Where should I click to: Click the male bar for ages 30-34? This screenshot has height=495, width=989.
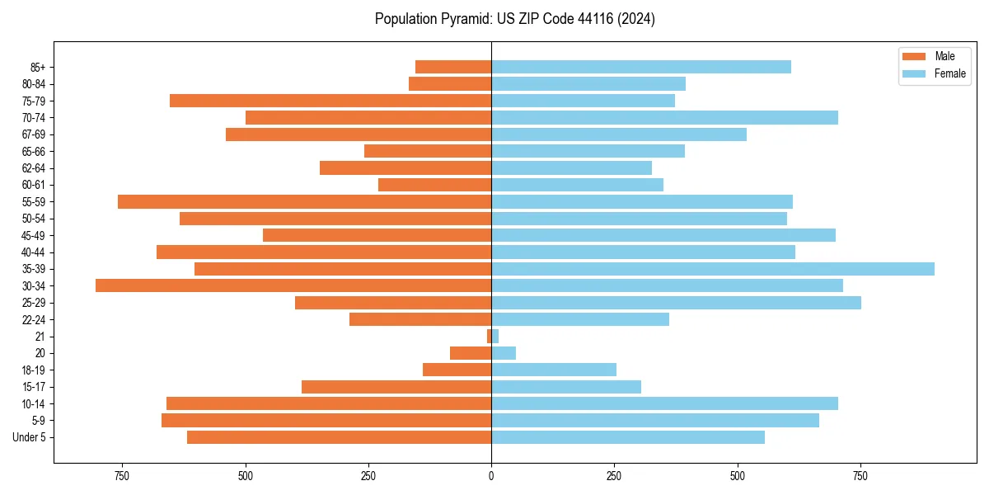[293, 285]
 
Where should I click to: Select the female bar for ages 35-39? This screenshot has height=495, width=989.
[713, 269]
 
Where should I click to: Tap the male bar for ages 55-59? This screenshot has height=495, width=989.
[305, 201]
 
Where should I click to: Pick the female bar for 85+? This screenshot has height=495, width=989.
[641, 67]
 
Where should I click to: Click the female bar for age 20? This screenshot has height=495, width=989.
[504, 353]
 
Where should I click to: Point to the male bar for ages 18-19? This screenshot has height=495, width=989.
[457, 370]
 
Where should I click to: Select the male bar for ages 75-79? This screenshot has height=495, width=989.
[330, 101]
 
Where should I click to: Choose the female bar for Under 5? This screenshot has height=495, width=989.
[628, 437]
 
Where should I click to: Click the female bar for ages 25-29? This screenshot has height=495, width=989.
[676, 303]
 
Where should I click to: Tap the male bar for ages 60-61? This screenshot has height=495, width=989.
[435, 185]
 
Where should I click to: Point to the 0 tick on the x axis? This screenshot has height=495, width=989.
[491, 477]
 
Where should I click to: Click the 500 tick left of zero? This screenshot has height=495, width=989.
[246, 477]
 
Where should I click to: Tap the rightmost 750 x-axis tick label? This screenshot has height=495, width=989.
[860, 477]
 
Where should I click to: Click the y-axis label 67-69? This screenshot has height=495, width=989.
[34, 134]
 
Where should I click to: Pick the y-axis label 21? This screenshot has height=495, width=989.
[40, 337]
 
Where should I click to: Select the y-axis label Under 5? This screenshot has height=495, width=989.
[30, 437]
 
